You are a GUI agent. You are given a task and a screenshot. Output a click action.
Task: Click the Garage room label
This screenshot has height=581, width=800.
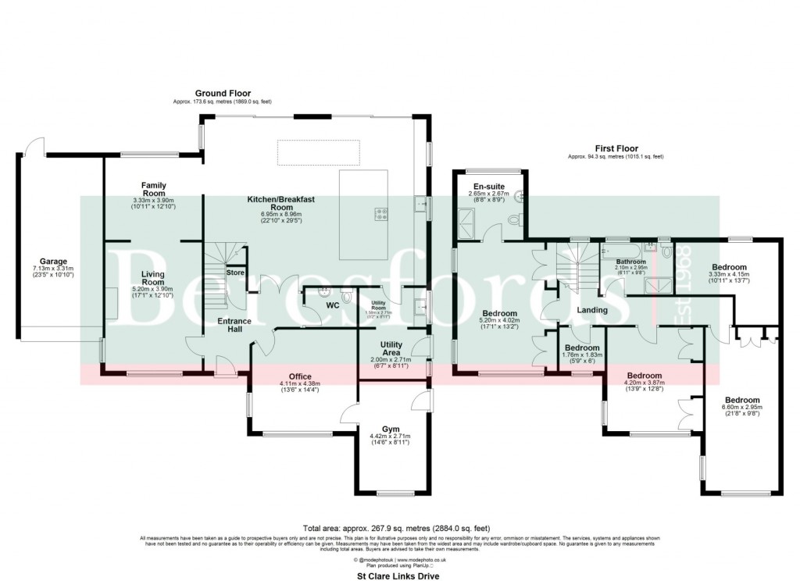tap(54, 262)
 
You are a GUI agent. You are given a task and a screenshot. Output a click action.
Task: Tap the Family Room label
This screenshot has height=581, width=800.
tap(153, 189)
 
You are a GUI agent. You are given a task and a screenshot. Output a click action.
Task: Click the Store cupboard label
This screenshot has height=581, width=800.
tap(234, 273)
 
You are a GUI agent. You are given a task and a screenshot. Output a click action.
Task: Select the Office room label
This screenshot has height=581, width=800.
tap(301, 376)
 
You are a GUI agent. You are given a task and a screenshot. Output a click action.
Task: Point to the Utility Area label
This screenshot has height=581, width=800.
tap(391, 348)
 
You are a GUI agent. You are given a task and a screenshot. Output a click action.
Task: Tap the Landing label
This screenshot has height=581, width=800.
tap(592, 310)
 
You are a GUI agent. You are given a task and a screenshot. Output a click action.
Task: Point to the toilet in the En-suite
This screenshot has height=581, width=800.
tap(513, 221)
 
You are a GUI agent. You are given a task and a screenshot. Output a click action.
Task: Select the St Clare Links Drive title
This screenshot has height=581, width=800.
tap(399, 575)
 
